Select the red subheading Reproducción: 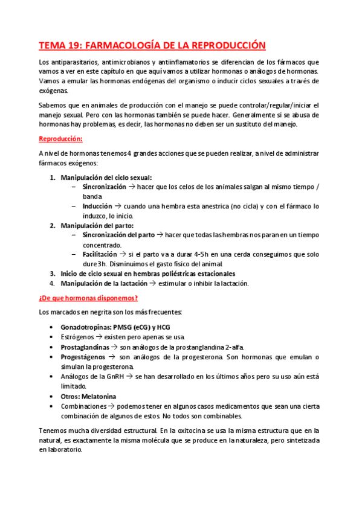[x=60, y=138]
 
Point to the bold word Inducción [x=97, y=206]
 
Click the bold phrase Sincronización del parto [x=118, y=235]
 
